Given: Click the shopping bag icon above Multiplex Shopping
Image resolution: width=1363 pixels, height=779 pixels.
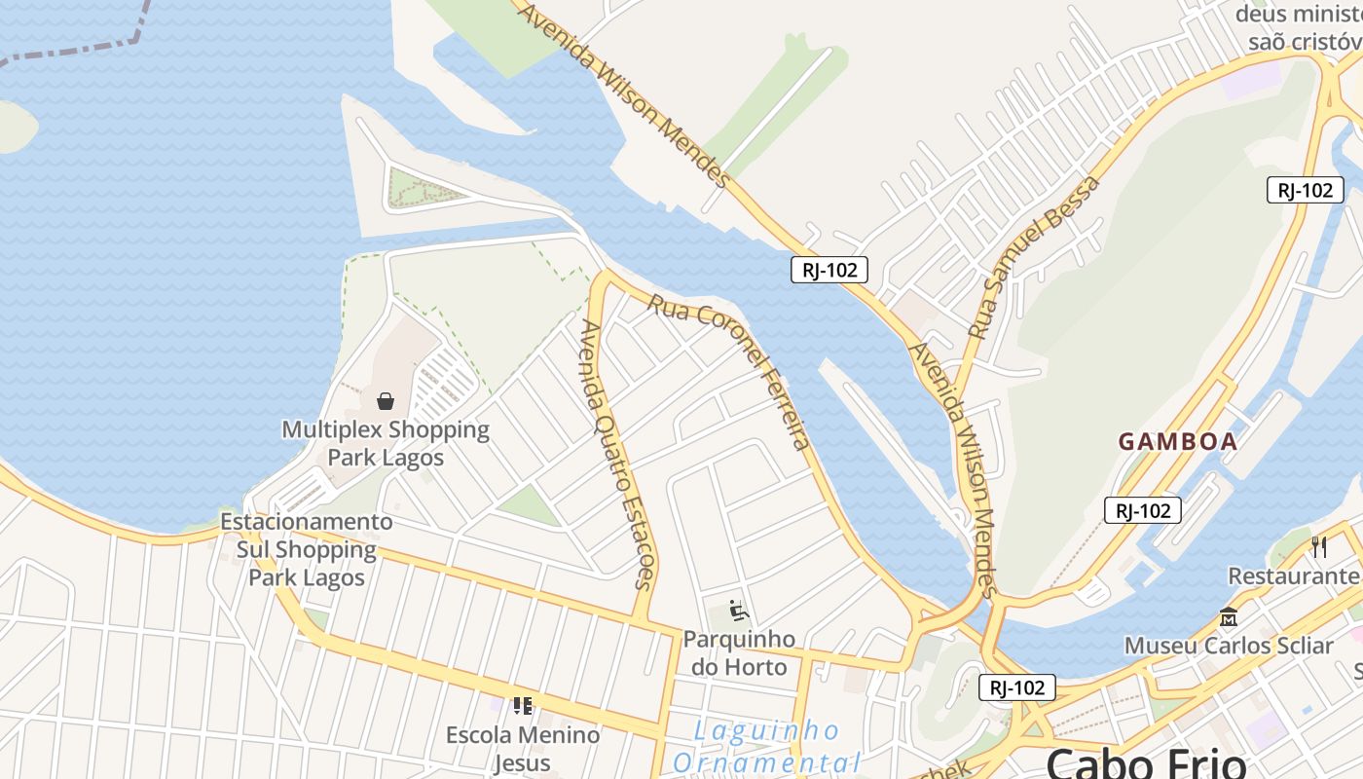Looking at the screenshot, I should click(x=386, y=400).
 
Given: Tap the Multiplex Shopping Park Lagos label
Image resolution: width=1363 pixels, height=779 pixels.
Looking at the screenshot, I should click(x=386, y=443).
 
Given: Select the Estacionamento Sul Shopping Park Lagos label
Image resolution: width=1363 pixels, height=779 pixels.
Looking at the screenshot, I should click(x=307, y=549).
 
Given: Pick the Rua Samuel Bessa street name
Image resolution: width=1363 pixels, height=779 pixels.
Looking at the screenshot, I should click(x=1034, y=257).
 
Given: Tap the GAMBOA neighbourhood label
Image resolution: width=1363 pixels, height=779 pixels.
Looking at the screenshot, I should click(x=1177, y=441).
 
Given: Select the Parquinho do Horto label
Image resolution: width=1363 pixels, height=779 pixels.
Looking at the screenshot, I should click(x=739, y=653).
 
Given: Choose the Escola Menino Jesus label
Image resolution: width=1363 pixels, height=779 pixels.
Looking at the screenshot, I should click(x=523, y=748).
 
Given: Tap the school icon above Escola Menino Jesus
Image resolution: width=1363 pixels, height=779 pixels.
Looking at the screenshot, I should click(x=523, y=705).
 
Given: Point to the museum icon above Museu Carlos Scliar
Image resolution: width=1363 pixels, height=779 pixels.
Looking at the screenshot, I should click(x=1228, y=617).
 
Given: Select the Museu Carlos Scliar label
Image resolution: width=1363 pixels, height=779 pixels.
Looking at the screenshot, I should click(x=1228, y=646).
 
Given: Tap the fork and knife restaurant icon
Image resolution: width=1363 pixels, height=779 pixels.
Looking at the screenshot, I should click(x=1319, y=546).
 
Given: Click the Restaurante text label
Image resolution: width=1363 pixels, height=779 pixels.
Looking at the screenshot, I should click(x=1294, y=575).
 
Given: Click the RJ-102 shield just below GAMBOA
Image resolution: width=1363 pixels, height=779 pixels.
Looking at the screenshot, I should click(x=1143, y=509).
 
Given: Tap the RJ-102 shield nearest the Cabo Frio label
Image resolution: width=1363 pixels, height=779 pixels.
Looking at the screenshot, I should click(x=1017, y=687).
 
